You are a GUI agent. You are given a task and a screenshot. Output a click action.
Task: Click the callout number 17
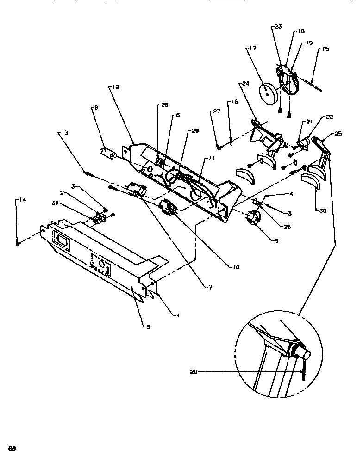click(253, 48)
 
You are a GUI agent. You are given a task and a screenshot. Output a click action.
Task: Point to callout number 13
click(64, 133)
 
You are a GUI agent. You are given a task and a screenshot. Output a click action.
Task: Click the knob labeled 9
click(253, 217)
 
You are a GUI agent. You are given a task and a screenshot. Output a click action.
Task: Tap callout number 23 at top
click(278, 26)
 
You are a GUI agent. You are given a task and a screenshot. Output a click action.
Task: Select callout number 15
click(326, 49)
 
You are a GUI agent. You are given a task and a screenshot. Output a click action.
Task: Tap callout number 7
click(211, 287)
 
